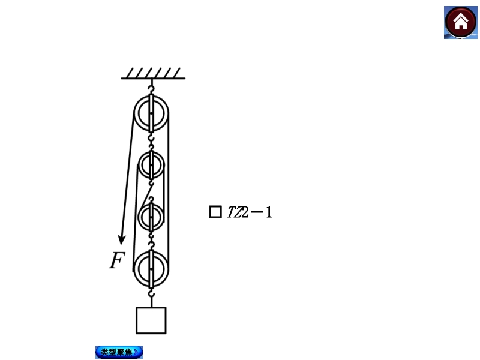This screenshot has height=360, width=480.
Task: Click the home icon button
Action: (460, 22)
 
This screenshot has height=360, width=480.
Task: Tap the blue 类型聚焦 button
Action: (119, 352)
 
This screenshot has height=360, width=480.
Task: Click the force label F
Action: (117, 260)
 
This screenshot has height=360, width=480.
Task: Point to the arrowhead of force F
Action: (122, 241)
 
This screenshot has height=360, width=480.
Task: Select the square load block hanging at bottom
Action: (151, 320)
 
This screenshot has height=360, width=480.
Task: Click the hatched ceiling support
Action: (153, 74)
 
